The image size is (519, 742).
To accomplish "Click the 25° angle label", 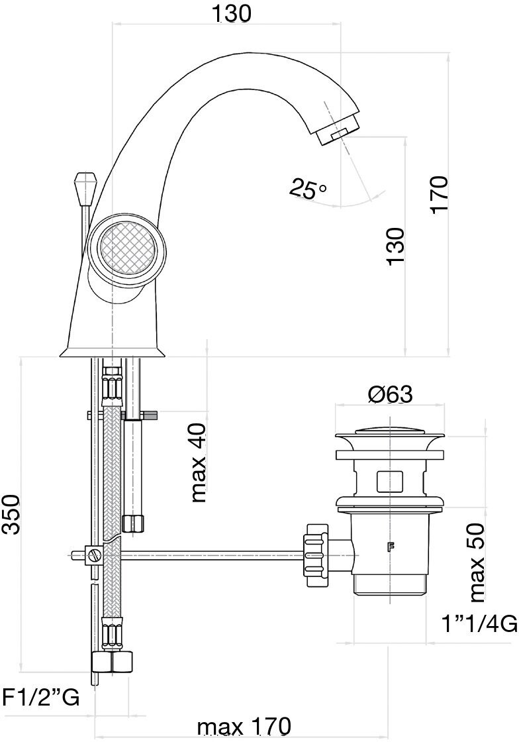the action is pos(307,189).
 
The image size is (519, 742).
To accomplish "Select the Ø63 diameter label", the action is pos(390,395).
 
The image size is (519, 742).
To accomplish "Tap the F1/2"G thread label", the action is pos(42,697).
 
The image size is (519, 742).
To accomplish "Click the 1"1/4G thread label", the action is pos(479,625).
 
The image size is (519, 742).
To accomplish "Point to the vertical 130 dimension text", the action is pos(395,246).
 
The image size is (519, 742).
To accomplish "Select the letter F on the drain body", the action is pos(391,547).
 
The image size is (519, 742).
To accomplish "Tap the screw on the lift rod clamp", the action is pos(97,553).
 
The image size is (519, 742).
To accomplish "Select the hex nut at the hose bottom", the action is pos(113,661).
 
